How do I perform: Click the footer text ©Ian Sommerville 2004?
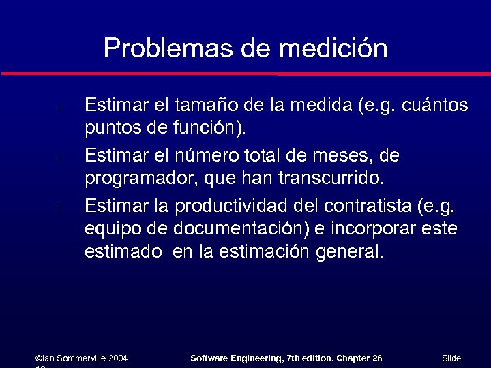(x=81, y=358)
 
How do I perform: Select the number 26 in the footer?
(x=376, y=358)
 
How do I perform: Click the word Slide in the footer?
(x=451, y=358)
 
